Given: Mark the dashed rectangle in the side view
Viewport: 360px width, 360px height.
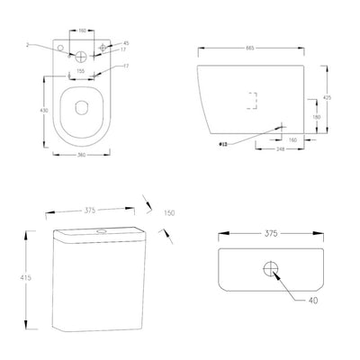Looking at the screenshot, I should point(252,101).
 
